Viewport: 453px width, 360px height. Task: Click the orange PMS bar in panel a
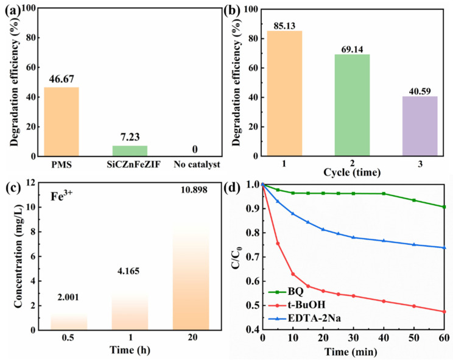click(61, 122)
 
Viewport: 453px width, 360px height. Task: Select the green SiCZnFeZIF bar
click(130, 150)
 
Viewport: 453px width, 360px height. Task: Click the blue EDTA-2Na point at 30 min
click(353, 237)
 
